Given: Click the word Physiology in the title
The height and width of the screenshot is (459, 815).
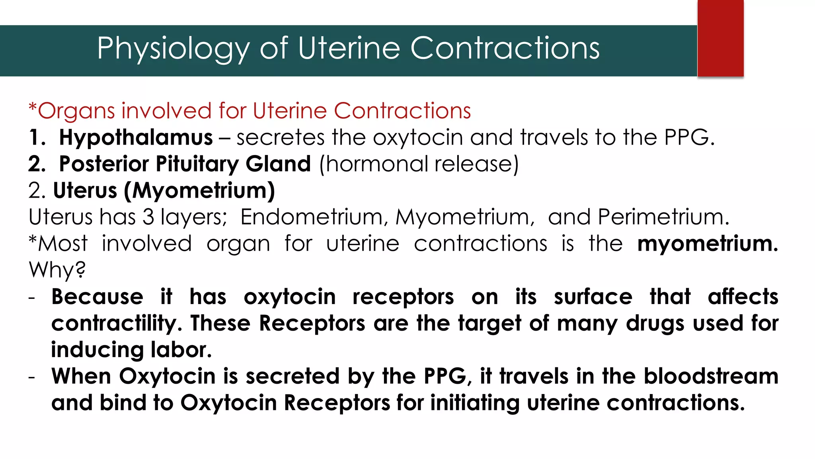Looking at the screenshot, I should point(173,49).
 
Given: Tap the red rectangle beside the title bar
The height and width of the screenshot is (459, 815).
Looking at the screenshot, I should point(720,38).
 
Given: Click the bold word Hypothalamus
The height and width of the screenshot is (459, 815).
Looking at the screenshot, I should point(136,137).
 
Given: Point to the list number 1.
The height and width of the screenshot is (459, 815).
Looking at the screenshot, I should point(37,137).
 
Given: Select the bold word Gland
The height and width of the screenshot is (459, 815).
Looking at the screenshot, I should point(278,164).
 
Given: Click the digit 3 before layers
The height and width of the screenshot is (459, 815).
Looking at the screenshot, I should point(148,217).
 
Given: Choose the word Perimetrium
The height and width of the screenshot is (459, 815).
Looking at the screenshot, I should point(663,217).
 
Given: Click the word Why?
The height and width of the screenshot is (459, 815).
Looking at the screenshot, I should point(57,270).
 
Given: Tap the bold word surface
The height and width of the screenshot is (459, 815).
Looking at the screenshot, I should point(593,297).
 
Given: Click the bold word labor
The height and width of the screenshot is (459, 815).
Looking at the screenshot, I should point(181,350).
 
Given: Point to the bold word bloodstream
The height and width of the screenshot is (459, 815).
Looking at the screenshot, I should point(711,376).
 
